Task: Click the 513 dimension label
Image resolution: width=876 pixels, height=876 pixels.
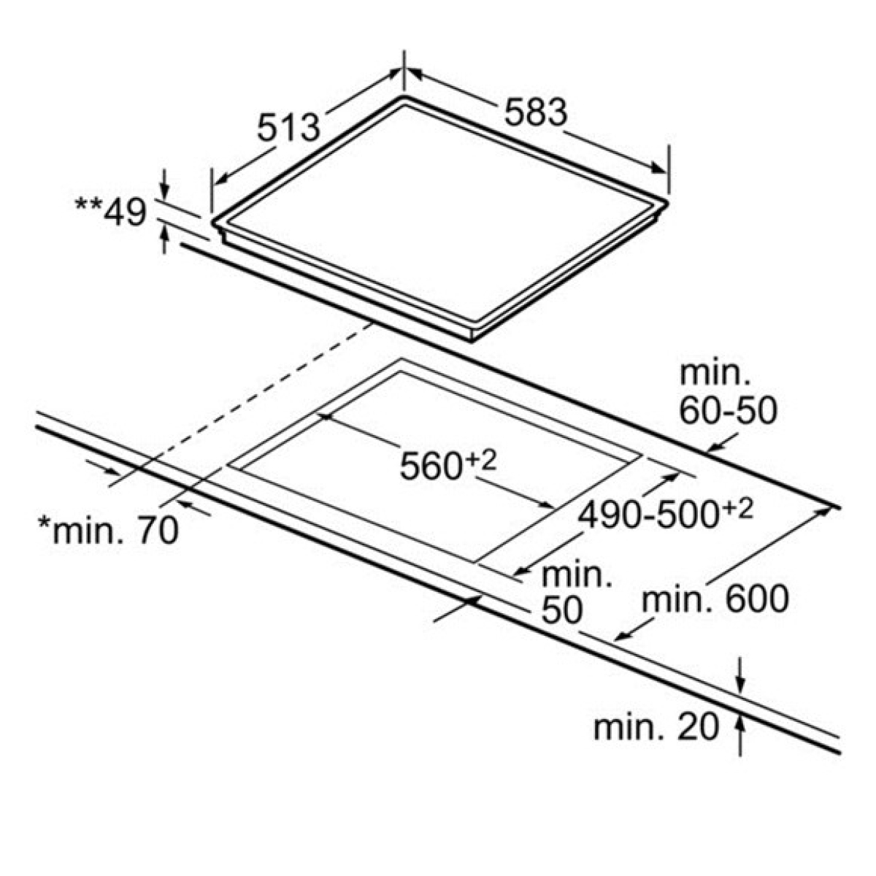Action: (x=288, y=127)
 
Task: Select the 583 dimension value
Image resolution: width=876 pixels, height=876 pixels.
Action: (x=536, y=112)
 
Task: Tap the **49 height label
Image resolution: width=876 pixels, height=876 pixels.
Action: (x=110, y=212)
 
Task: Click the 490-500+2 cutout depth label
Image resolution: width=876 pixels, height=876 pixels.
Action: (x=666, y=514)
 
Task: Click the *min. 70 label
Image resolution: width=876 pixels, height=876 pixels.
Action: (x=109, y=530)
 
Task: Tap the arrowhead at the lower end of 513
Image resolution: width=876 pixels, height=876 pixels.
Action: (x=220, y=180)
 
